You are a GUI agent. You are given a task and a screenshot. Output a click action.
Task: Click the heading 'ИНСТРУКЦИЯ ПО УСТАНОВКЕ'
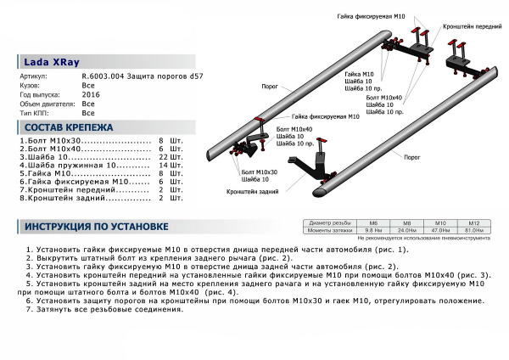96,227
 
